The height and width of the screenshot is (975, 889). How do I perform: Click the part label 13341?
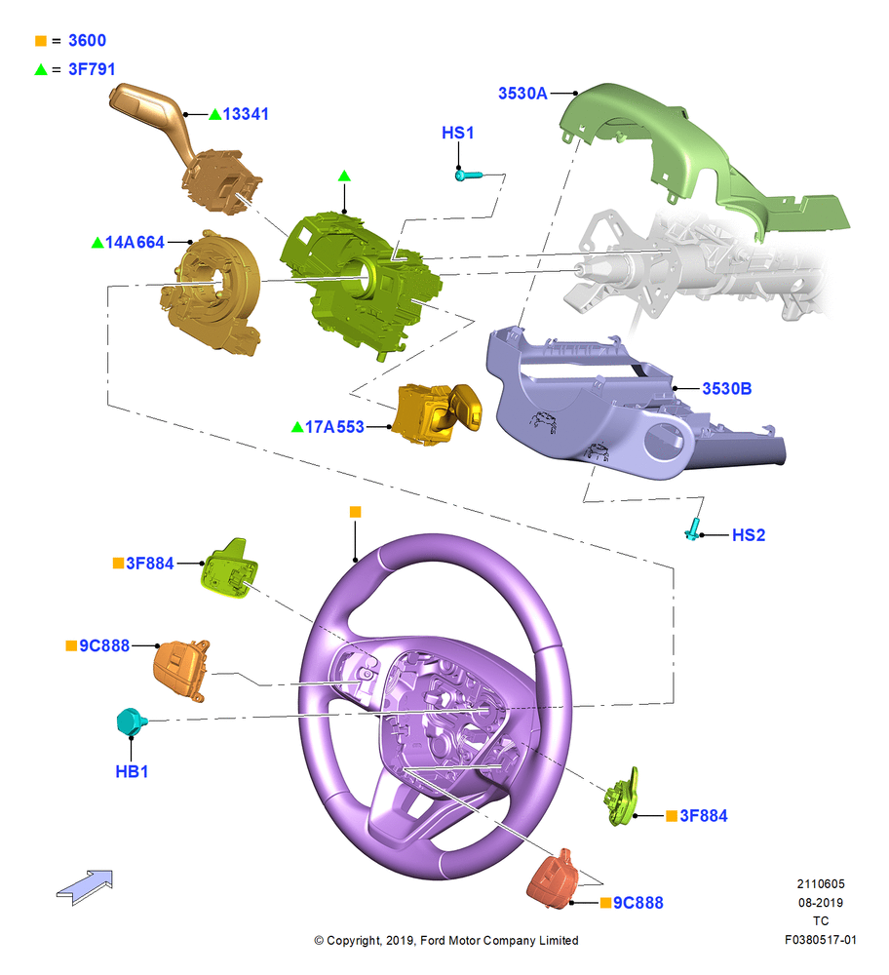coord(246,114)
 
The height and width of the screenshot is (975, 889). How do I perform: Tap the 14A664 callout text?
coord(135,243)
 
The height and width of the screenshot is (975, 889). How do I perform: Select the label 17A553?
coord(334,427)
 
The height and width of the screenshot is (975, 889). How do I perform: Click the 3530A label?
coord(522,94)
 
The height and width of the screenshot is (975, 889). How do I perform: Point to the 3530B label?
coord(727,389)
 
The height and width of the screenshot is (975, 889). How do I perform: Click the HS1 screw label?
coord(457,133)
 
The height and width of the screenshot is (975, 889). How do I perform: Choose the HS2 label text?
coord(749,535)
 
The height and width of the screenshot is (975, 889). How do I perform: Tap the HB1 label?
coord(132,771)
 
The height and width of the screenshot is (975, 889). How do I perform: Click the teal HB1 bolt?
coord(132,721)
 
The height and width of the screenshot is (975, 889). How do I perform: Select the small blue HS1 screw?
coord(468,175)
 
